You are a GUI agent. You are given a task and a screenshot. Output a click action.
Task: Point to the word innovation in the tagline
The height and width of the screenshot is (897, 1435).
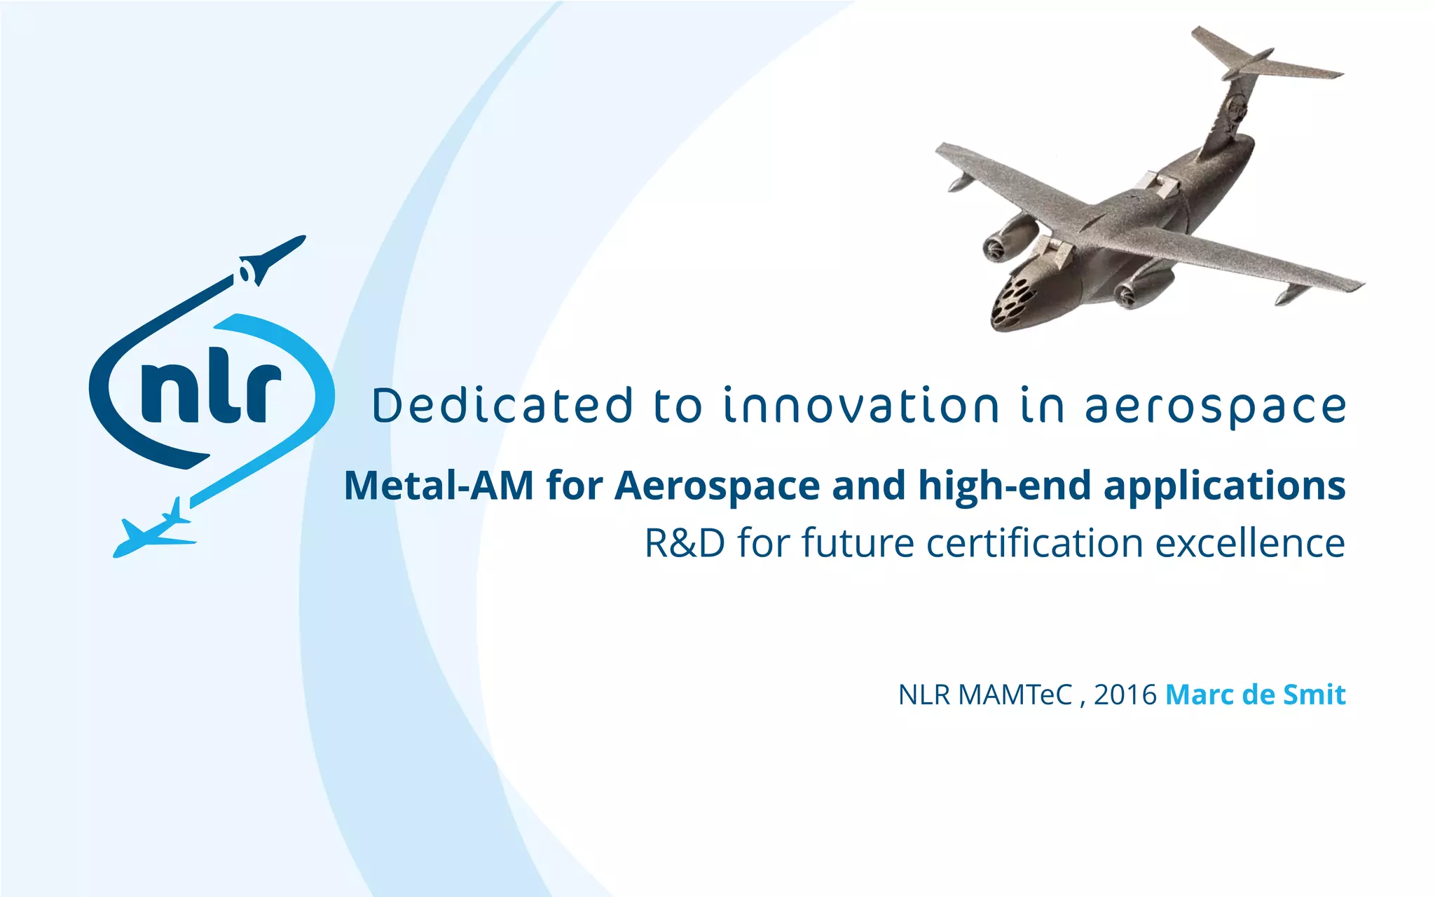pyautogui.click(x=862, y=406)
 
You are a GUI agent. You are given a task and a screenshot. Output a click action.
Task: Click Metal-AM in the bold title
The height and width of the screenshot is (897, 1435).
pyautogui.click(x=439, y=485)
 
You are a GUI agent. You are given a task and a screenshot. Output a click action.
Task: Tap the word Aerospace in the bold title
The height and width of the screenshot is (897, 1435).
pyautogui.click(x=717, y=485)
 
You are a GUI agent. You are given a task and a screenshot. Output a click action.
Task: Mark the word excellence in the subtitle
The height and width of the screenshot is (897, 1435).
pyautogui.click(x=1250, y=543)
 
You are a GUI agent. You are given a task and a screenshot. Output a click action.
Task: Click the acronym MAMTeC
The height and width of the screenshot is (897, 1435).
pyautogui.click(x=1015, y=694)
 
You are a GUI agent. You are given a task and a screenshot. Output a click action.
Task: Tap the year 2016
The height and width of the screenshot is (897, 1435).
pyautogui.click(x=1125, y=694)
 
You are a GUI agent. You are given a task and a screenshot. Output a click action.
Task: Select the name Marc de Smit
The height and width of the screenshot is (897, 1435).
pyautogui.click(x=1255, y=694)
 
